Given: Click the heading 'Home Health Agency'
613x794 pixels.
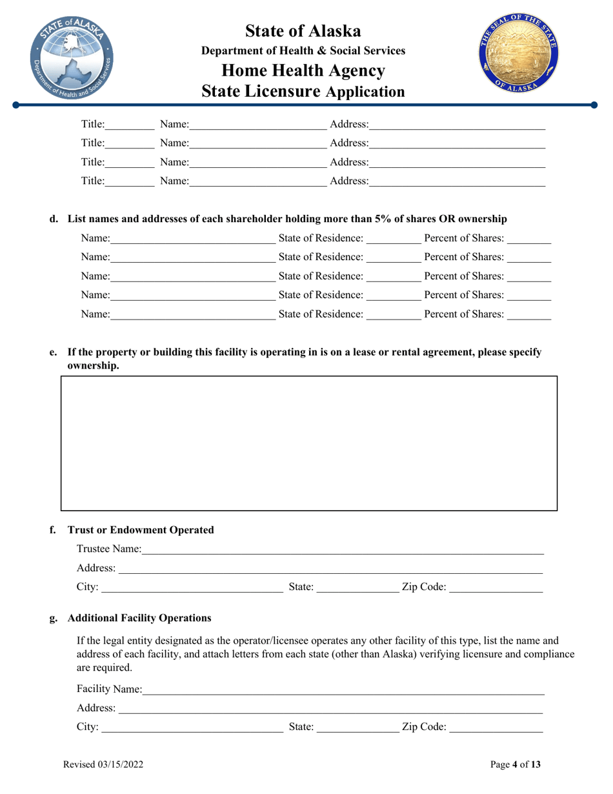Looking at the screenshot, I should click(303, 70).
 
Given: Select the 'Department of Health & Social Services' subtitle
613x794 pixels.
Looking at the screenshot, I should click(303, 50).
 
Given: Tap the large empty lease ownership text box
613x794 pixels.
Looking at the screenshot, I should click(308, 443).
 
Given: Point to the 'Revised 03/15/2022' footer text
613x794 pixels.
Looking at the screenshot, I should click(103, 765).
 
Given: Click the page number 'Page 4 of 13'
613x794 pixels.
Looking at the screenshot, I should click(516, 765).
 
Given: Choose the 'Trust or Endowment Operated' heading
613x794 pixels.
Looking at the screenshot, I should click(141, 530).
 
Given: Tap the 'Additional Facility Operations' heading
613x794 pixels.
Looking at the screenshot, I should click(139, 618).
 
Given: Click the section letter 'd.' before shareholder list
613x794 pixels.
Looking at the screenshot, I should click(54, 219).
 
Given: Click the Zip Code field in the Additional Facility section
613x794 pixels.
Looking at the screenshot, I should click(496, 728).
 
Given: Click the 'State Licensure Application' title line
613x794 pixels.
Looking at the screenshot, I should click(303, 92).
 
